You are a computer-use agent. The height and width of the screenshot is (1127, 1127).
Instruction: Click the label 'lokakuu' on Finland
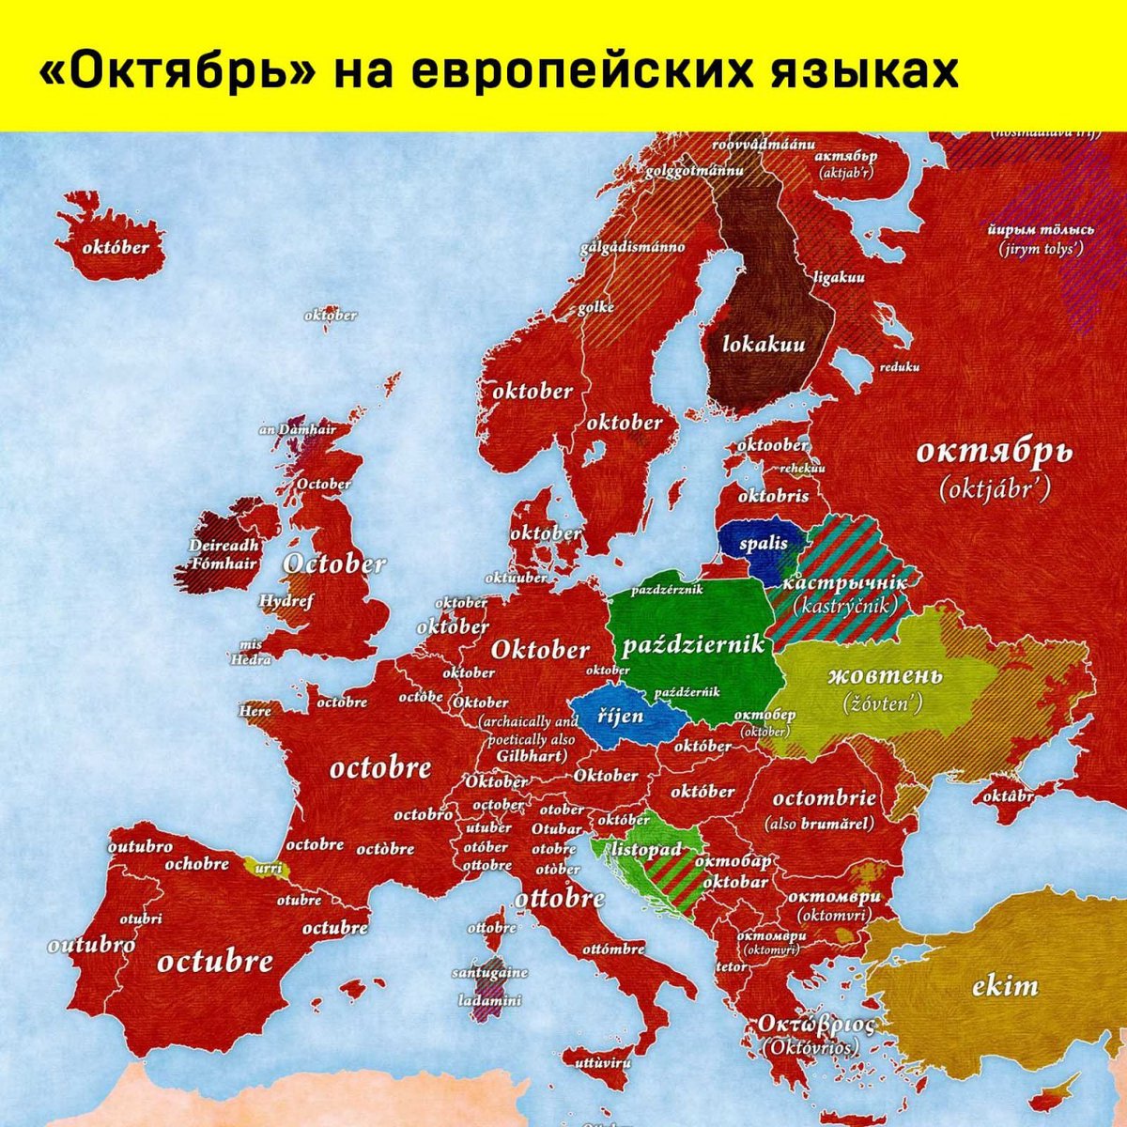click(x=764, y=345)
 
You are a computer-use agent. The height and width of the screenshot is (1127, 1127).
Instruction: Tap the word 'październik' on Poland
click(x=694, y=645)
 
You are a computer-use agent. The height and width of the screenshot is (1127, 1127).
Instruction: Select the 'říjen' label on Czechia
click(x=621, y=717)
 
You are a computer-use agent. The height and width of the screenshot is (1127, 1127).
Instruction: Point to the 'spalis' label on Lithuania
click(x=763, y=544)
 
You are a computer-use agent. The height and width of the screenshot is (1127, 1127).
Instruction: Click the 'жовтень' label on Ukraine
click(x=885, y=676)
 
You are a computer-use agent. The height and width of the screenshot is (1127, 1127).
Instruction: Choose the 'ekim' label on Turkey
click(x=1005, y=986)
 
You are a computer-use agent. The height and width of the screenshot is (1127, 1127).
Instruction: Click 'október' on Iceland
click(x=116, y=248)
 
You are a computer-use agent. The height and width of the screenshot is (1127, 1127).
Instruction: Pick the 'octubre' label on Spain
click(x=215, y=962)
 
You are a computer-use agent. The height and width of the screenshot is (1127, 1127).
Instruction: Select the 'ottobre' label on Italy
click(x=560, y=898)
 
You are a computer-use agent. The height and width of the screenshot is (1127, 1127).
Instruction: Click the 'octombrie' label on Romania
click(x=824, y=799)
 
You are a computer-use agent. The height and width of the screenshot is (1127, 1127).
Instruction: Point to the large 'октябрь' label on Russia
click(x=993, y=453)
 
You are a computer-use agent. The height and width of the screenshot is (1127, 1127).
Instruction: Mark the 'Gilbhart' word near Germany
click(x=532, y=755)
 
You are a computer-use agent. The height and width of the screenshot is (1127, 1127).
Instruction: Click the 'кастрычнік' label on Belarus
click(x=843, y=583)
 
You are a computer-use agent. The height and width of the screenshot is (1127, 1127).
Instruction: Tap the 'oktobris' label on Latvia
click(x=773, y=495)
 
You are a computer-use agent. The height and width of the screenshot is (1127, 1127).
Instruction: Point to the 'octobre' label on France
click(x=380, y=768)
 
